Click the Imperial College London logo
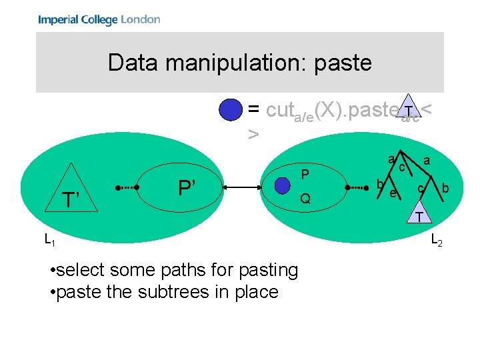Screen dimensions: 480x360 99,19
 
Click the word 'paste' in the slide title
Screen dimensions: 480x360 339,63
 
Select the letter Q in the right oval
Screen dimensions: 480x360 305,199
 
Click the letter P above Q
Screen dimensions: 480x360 304,175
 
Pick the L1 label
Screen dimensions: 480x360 50,239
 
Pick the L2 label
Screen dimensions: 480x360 437,239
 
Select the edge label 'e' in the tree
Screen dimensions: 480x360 393,193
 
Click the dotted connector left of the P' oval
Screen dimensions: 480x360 127,189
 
